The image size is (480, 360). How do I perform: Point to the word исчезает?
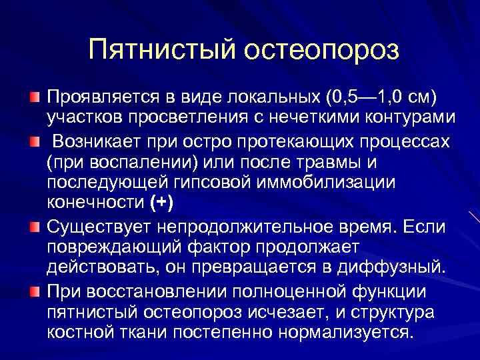coord(307,312)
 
